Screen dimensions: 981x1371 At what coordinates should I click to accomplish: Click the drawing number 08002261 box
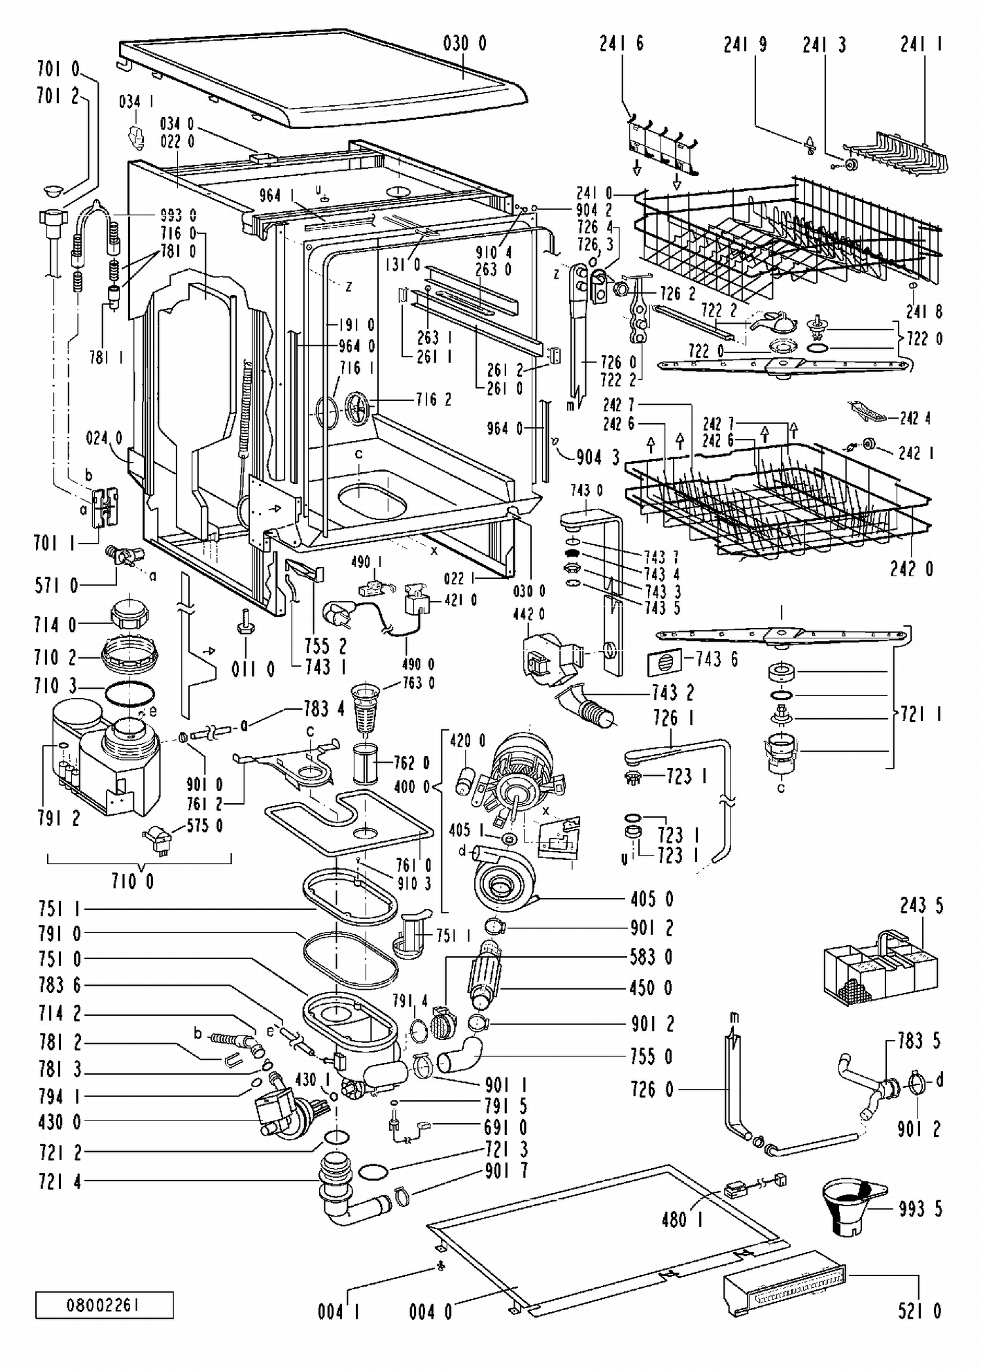tap(105, 1305)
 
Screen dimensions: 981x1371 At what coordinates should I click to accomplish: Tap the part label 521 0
tap(920, 1311)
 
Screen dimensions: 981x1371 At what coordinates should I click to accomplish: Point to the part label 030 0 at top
tap(464, 44)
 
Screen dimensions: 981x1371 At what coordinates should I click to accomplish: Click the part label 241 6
tap(621, 43)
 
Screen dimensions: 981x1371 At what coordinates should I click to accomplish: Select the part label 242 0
tap(912, 568)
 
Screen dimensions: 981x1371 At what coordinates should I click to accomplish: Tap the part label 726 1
tap(673, 718)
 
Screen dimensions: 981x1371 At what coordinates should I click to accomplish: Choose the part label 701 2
tap(58, 96)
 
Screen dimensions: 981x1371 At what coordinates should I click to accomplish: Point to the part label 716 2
tap(434, 399)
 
